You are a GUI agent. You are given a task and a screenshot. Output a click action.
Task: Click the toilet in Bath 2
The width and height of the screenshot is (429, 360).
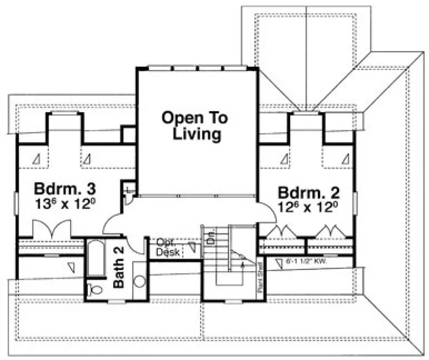coord(95,290)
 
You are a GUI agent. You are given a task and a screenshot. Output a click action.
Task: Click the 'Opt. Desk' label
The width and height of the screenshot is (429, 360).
coord(168,248)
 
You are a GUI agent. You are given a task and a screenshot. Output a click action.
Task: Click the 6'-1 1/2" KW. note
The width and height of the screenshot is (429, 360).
coord(307,261)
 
